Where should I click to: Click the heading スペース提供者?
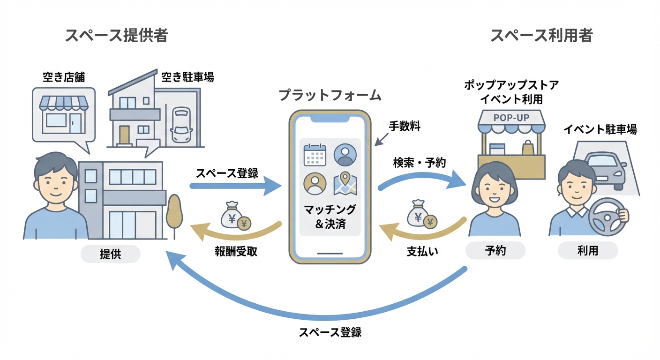(116, 36)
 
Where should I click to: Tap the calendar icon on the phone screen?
(315, 155)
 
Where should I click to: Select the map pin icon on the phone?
(345, 184)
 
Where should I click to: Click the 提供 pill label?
(110, 254)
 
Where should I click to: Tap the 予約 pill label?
(495, 251)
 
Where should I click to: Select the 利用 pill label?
(588, 251)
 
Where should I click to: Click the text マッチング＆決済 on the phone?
(330, 216)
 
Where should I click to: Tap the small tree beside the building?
(174, 212)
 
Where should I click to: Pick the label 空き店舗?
(64, 77)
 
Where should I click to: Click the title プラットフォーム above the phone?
(330, 95)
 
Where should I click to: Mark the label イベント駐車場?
(600, 130)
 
